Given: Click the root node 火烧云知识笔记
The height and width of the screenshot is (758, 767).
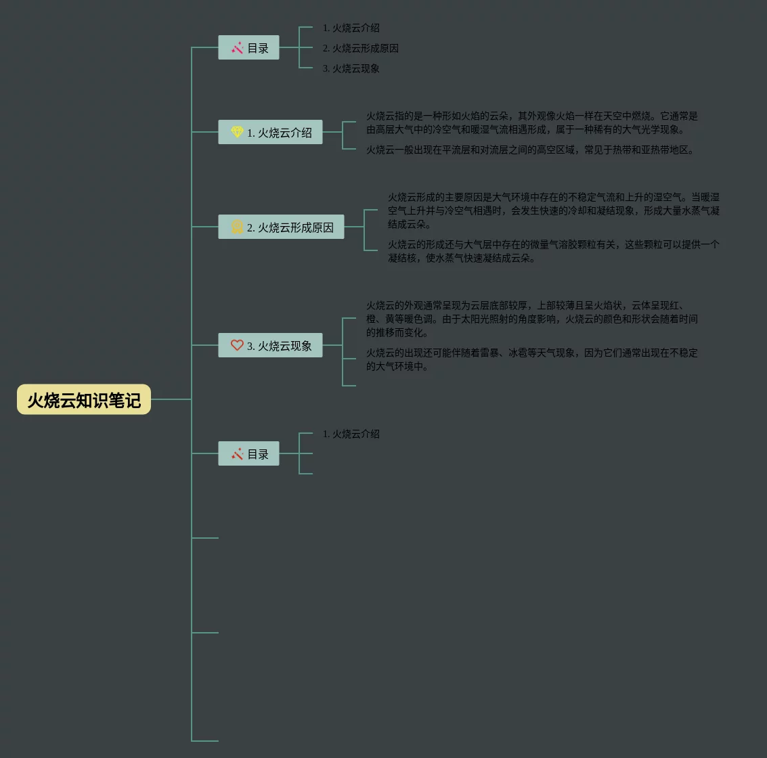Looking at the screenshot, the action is point(84,399).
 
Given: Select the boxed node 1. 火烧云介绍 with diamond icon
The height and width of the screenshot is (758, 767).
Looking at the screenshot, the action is point(270,132).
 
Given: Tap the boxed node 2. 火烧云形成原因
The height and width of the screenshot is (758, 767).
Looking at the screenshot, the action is point(281,227).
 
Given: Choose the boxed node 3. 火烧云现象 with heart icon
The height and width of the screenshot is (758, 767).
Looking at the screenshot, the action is point(270,345).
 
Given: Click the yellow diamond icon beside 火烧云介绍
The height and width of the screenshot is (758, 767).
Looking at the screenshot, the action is point(237,132).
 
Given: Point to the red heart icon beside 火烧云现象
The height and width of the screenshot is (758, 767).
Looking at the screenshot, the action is point(237,345).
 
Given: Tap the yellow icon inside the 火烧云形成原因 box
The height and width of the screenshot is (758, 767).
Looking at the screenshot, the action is point(237,227).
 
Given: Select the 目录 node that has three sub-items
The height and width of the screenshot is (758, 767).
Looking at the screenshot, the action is point(248,47).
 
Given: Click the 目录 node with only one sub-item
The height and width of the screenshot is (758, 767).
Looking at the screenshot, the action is point(248,453).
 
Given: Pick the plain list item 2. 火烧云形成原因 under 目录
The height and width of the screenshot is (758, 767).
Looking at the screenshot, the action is point(360,48).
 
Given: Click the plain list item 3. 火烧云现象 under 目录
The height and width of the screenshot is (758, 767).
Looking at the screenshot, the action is point(351,68).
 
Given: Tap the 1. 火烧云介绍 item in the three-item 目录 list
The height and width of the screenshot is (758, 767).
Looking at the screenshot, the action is point(351,28).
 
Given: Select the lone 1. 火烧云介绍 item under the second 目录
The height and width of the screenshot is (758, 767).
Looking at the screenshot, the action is point(351,434).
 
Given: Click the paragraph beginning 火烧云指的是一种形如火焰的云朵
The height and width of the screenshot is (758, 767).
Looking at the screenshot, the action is point(531,122).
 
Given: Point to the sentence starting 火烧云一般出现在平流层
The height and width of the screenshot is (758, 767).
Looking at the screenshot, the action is point(531,150).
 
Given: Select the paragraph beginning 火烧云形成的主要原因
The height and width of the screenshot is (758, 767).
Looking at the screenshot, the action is point(553,210).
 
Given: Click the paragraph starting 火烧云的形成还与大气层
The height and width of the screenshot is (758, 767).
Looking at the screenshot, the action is point(553,251).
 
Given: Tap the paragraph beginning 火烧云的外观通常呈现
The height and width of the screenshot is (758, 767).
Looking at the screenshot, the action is point(531,319).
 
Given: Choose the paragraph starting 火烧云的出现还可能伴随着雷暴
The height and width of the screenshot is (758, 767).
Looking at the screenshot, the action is point(531,359).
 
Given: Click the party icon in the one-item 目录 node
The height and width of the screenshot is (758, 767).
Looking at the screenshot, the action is point(237,453).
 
